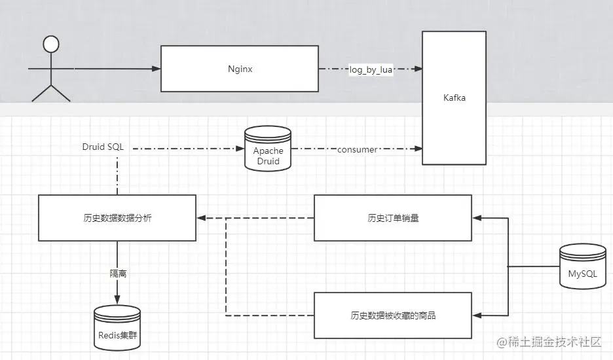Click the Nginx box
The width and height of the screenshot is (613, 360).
pos(240,68)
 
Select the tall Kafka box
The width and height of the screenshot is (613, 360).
pos(454,98)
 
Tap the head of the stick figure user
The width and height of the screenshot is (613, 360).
pos(50,44)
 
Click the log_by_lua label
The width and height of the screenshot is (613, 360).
pos(371,69)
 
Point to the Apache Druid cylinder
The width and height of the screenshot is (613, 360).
pos(267,150)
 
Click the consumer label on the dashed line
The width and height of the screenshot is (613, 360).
pos(357,150)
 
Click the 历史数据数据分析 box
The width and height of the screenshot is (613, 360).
pos(117,218)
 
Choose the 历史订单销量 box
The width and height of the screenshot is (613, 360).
pos(393,218)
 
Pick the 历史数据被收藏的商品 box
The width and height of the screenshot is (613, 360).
pos(393,315)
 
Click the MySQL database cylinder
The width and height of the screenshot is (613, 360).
pos(582,266)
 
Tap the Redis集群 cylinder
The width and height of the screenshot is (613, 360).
pos(118,329)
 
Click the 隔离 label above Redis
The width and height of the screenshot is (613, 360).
pos(118,274)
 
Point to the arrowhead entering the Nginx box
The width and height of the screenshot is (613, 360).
pos(157,68)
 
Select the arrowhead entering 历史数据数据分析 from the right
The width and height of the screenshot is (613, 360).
pos(200,218)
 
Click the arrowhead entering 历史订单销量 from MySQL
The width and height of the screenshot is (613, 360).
pos(476,218)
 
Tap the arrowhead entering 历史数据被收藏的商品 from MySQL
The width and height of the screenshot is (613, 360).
pos(476,315)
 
